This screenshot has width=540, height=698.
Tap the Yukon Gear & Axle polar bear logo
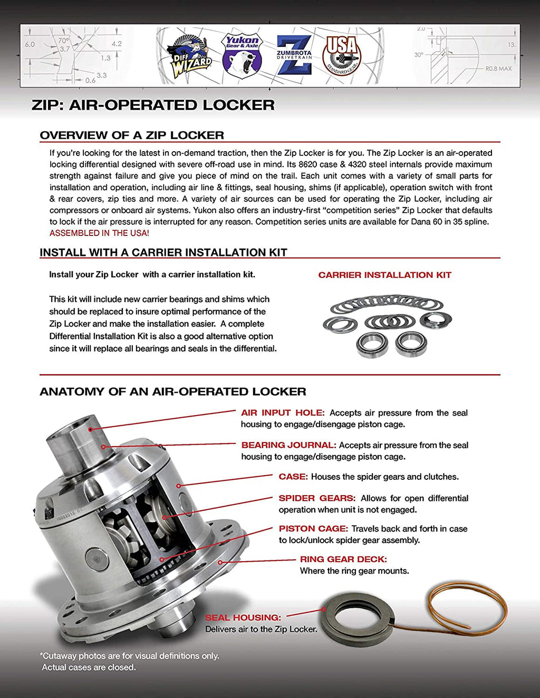tap(242, 55)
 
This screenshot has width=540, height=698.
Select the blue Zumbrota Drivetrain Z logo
tap(294, 54)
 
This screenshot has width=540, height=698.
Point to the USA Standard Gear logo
tap(342, 54)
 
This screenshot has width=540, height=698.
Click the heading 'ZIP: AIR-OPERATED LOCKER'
tap(153, 105)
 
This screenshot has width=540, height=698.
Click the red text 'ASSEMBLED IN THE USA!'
tap(99, 233)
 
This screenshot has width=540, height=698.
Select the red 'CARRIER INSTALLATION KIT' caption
tap(384, 275)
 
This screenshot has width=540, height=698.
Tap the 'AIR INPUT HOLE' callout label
tap(282, 413)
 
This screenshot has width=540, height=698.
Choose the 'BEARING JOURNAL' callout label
tap(288, 445)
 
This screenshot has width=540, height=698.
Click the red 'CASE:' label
tap(293, 477)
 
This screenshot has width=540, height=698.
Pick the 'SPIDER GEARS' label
tap(317, 498)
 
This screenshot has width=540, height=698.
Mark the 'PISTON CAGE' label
tap(313, 529)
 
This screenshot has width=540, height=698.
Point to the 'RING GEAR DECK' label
tap(343, 559)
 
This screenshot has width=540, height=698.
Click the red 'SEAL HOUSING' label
tap(243, 617)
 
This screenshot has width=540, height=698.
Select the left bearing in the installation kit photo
tap(372, 345)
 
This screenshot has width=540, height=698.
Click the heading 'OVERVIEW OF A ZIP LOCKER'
tap(132, 135)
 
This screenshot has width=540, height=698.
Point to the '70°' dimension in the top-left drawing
tap(63, 41)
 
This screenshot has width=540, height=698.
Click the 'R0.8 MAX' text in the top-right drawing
tap(498, 68)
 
